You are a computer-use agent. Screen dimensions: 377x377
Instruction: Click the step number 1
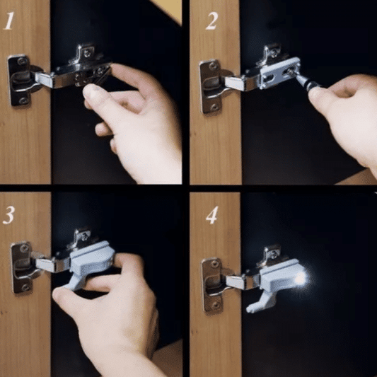9,21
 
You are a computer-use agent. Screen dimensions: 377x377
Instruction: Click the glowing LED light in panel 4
300,278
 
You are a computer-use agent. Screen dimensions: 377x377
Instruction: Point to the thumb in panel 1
95,94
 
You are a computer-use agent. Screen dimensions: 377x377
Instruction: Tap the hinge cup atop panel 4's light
272,253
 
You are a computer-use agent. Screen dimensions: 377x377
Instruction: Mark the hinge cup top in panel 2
271,52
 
